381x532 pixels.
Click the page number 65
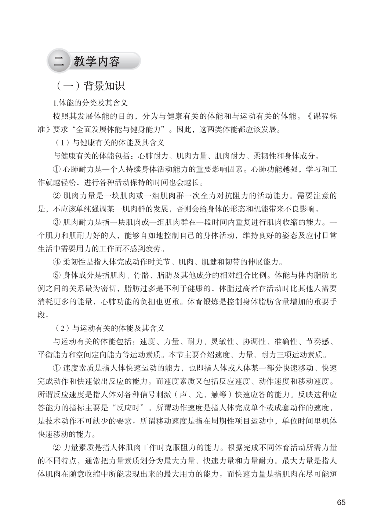coord(341,502)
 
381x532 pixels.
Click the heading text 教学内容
coord(97,61)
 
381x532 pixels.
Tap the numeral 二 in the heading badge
coord(58,61)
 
